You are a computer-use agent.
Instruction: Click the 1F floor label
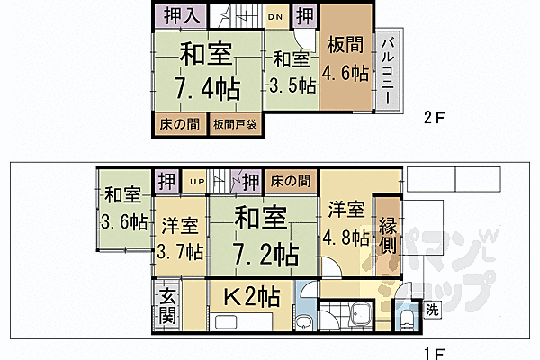pyautogui.click(x=434, y=350)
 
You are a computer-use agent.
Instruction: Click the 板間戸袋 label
pyautogui.click(x=236, y=125)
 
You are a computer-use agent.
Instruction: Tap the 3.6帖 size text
pyautogui.click(x=124, y=221)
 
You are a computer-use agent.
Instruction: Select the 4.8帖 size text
pyautogui.click(x=347, y=238)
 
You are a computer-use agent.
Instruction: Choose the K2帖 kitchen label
pyautogui.click(x=250, y=295)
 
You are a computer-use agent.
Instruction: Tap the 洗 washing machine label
pyautogui.click(x=433, y=310)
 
